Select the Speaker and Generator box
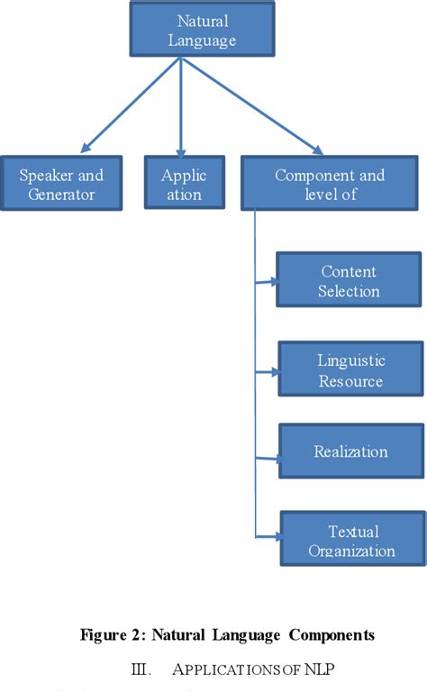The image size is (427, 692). (x=62, y=184)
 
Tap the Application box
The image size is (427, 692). (x=183, y=184)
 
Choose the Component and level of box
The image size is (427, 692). (x=329, y=184)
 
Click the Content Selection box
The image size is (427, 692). (x=349, y=281)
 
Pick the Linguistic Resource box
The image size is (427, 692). (x=350, y=370)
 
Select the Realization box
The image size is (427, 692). (x=350, y=451)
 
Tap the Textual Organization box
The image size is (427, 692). (x=351, y=541)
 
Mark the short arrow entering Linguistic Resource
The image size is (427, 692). (x=267, y=370)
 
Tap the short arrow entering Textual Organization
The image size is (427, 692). (x=268, y=536)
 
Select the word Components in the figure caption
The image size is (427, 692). (x=331, y=635)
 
